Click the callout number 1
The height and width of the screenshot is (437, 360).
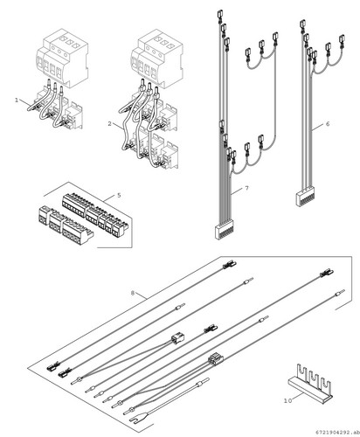(17, 100)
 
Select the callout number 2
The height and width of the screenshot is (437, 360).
(109, 124)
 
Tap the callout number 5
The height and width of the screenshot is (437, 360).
(119, 195)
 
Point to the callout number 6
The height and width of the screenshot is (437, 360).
(328, 124)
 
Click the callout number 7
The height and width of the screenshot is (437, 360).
(247, 188)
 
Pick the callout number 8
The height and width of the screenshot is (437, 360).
(133, 293)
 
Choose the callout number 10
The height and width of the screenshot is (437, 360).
(287, 401)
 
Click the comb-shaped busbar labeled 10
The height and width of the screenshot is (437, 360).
(310, 385)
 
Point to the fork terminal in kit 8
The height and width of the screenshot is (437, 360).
(135, 420)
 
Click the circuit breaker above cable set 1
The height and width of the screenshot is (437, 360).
(62, 58)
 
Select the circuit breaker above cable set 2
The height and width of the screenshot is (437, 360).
(156, 59)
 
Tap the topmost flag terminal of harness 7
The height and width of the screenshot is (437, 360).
(219, 15)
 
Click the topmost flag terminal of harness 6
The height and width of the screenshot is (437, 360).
(302, 24)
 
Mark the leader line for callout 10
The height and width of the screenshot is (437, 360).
(298, 397)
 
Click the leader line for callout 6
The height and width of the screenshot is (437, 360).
(317, 127)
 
